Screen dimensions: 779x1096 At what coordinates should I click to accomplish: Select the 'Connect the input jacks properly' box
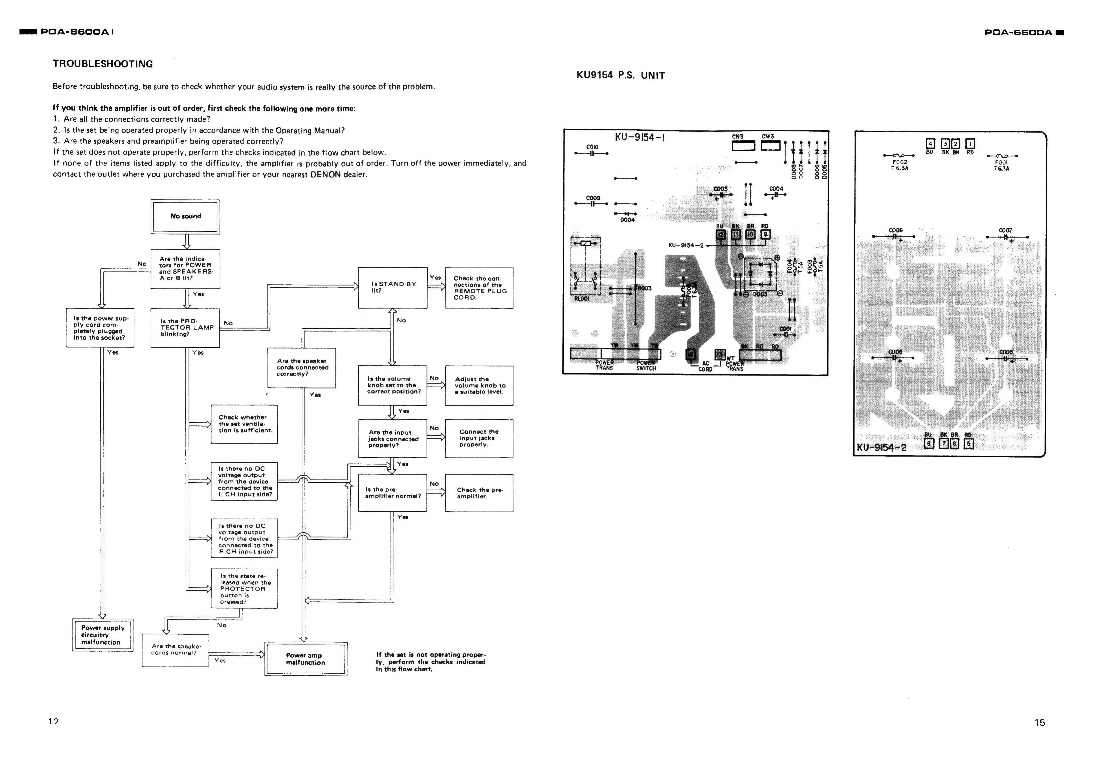(x=479, y=438)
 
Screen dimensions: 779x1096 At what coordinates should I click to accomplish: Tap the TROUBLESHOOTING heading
(x=103, y=64)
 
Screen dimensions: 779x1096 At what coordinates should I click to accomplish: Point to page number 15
(x=1039, y=722)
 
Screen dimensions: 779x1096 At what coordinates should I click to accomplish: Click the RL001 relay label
(x=581, y=298)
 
